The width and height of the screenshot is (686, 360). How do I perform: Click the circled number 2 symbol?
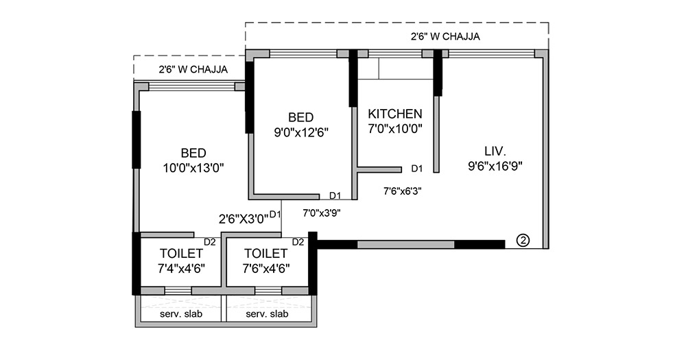tap(523, 240)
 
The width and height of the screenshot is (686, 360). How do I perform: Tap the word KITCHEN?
tap(395, 113)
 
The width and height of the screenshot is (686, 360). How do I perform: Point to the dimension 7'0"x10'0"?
tap(395, 128)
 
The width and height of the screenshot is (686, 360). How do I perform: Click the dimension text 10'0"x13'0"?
tap(193, 167)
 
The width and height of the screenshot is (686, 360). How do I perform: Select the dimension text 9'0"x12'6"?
tap(300, 132)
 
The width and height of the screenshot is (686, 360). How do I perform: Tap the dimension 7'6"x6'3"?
tap(402, 192)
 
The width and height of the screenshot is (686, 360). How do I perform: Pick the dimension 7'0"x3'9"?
tap(322, 213)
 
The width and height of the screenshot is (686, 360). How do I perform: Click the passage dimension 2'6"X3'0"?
tap(244, 219)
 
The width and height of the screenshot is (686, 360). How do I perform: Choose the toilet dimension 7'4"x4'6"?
tap(181, 268)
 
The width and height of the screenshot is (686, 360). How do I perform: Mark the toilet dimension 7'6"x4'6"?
tap(266, 268)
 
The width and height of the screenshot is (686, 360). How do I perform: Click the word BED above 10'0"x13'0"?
tap(193, 152)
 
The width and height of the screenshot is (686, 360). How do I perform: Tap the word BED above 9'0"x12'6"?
tap(300, 117)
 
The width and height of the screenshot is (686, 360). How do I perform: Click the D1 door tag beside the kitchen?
tap(416, 168)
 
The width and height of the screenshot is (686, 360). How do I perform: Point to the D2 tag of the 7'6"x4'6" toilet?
tap(298, 241)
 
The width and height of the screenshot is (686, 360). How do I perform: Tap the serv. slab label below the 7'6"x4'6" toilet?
tap(267, 313)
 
